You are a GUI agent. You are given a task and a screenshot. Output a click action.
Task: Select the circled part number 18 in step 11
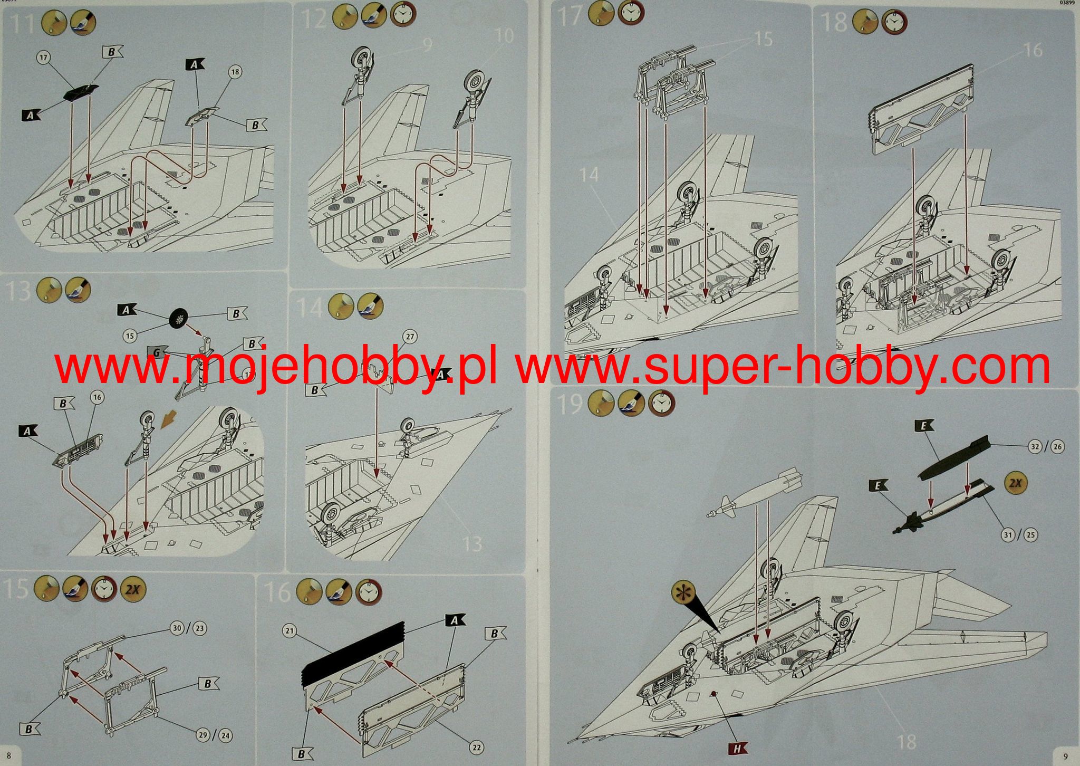pyautogui.click(x=235, y=72)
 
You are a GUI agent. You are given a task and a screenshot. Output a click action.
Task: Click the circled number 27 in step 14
pyautogui.click(x=410, y=337)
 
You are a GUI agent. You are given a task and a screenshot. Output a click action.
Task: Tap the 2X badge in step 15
pyautogui.click(x=133, y=589)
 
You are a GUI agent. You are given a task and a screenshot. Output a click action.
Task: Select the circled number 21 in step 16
pyautogui.click(x=290, y=630)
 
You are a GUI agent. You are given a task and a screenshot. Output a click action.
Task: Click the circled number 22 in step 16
pyautogui.click(x=477, y=748)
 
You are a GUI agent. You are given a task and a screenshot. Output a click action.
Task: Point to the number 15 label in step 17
pyautogui.click(x=763, y=39)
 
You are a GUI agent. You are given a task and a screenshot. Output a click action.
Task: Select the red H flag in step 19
pyautogui.click(x=738, y=748)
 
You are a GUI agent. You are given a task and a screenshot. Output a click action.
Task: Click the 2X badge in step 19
pyautogui.click(x=1015, y=483)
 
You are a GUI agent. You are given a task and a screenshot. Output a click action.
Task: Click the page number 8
pyautogui.click(x=9, y=756)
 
